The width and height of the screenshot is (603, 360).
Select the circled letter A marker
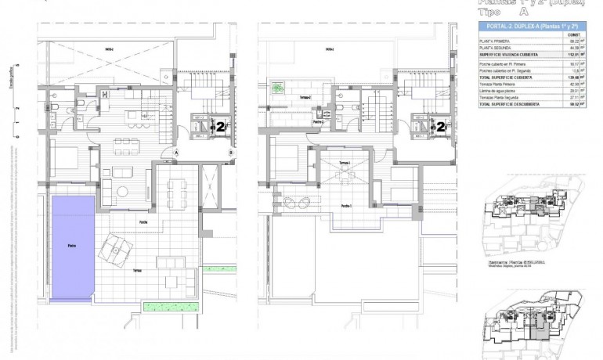(x=178, y=151)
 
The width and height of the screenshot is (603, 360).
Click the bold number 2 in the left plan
(x=222, y=125)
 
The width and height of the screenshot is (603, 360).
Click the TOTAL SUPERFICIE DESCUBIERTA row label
(x=516, y=103)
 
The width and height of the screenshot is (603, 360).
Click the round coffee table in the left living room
(x=122, y=192)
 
